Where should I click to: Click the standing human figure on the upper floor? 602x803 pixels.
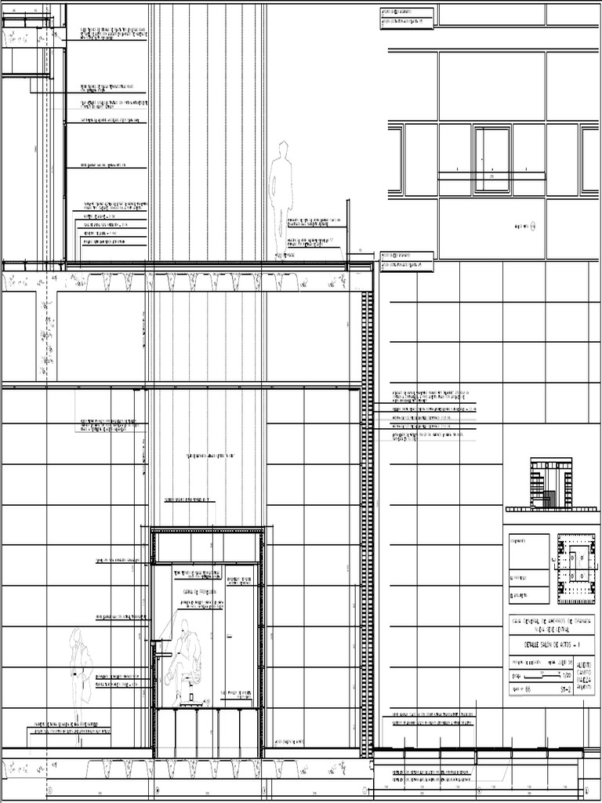pyautogui.click(x=281, y=196)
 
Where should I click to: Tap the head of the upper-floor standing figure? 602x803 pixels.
pyautogui.click(x=283, y=148)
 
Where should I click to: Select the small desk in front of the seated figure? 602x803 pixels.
pyautogui.click(x=163, y=649)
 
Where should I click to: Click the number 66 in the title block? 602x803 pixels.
pyautogui.click(x=528, y=690)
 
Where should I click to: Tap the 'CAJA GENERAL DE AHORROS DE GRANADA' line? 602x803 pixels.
pyautogui.click(x=550, y=620)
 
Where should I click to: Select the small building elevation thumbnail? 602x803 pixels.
pyautogui.click(x=550, y=484)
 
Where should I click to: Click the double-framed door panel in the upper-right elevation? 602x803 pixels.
pyautogui.click(x=491, y=161)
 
